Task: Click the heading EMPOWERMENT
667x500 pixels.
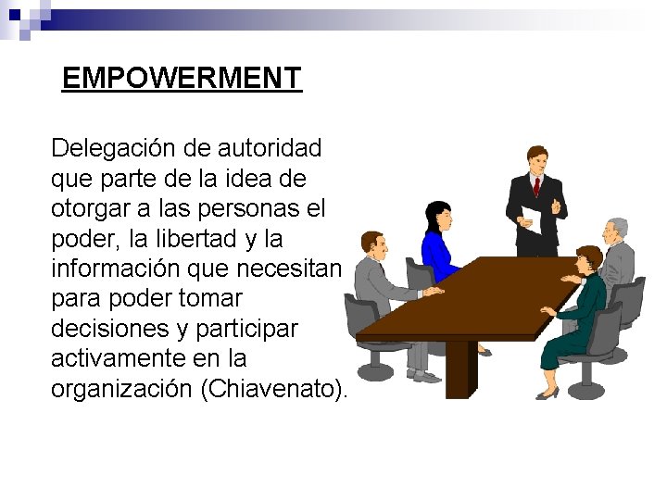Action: pos(182,78)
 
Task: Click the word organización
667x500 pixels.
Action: pos(121,389)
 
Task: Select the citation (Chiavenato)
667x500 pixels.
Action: pos(273,389)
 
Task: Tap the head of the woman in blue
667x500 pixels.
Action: pos(438,217)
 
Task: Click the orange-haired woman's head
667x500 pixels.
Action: pos(586,260)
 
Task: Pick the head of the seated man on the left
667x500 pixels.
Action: pos(374,244)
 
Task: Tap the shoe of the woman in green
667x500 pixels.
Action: pos(547,394)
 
